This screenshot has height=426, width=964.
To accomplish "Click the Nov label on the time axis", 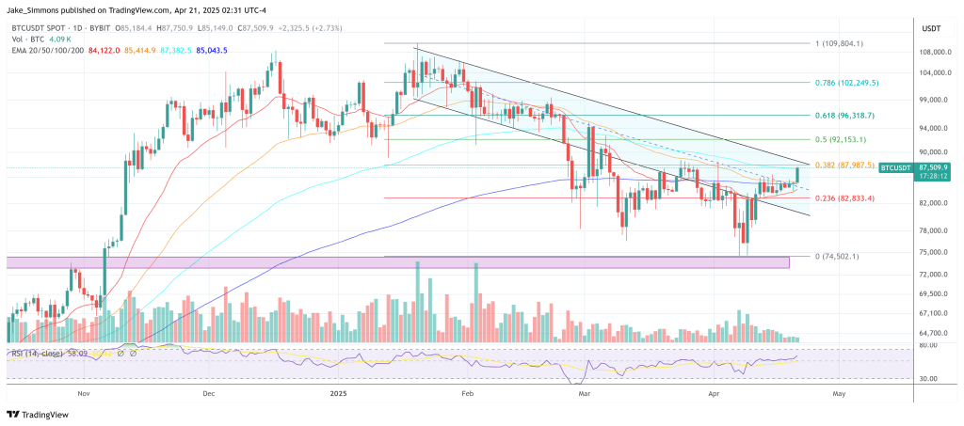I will (x=83, y=395).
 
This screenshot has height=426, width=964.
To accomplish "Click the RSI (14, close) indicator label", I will (x=37, y=354).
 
